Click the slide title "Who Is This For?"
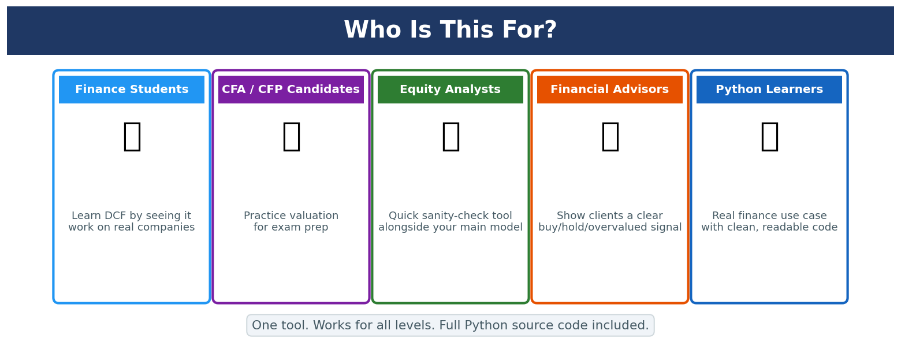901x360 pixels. click(x=450, y=30)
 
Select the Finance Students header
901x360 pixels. click(x=132, y=90)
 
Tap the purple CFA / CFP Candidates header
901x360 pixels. click(x=291, y=90)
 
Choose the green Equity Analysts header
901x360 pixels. click(x=450, y=90)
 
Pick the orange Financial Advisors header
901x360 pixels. click(x=610, y=90)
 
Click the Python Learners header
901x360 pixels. click(x=769, y=90)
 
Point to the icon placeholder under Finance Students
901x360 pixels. click(x=132, y=137)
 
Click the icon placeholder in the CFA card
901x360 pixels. click(x=292, y=137)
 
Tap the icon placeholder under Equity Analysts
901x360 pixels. click(x=451, y=137)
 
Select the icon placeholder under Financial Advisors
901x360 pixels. click(x=610, y=137)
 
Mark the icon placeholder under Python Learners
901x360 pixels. click(x=770, y=137)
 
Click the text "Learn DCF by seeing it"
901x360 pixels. click(x=132, y=216)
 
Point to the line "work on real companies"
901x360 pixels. click(x=132, y=227)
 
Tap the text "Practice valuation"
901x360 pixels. click(x=291, y=216)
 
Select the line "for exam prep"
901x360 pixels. click(x=291, y=228)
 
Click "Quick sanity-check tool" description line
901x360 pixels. click(x=450, y=216)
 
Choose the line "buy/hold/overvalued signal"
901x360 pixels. click(x=610, y=227)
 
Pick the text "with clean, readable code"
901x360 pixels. click(x=769, y=227)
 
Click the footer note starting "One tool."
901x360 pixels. click(x=450, y=325)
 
